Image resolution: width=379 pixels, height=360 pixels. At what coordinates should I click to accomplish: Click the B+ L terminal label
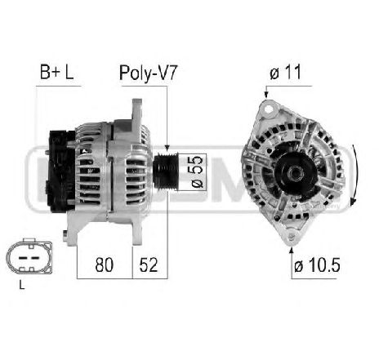coord(57,73)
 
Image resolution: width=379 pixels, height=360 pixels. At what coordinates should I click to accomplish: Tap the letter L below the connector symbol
coord(21,285)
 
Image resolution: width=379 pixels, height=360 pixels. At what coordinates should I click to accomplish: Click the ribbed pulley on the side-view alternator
coord(163,169)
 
